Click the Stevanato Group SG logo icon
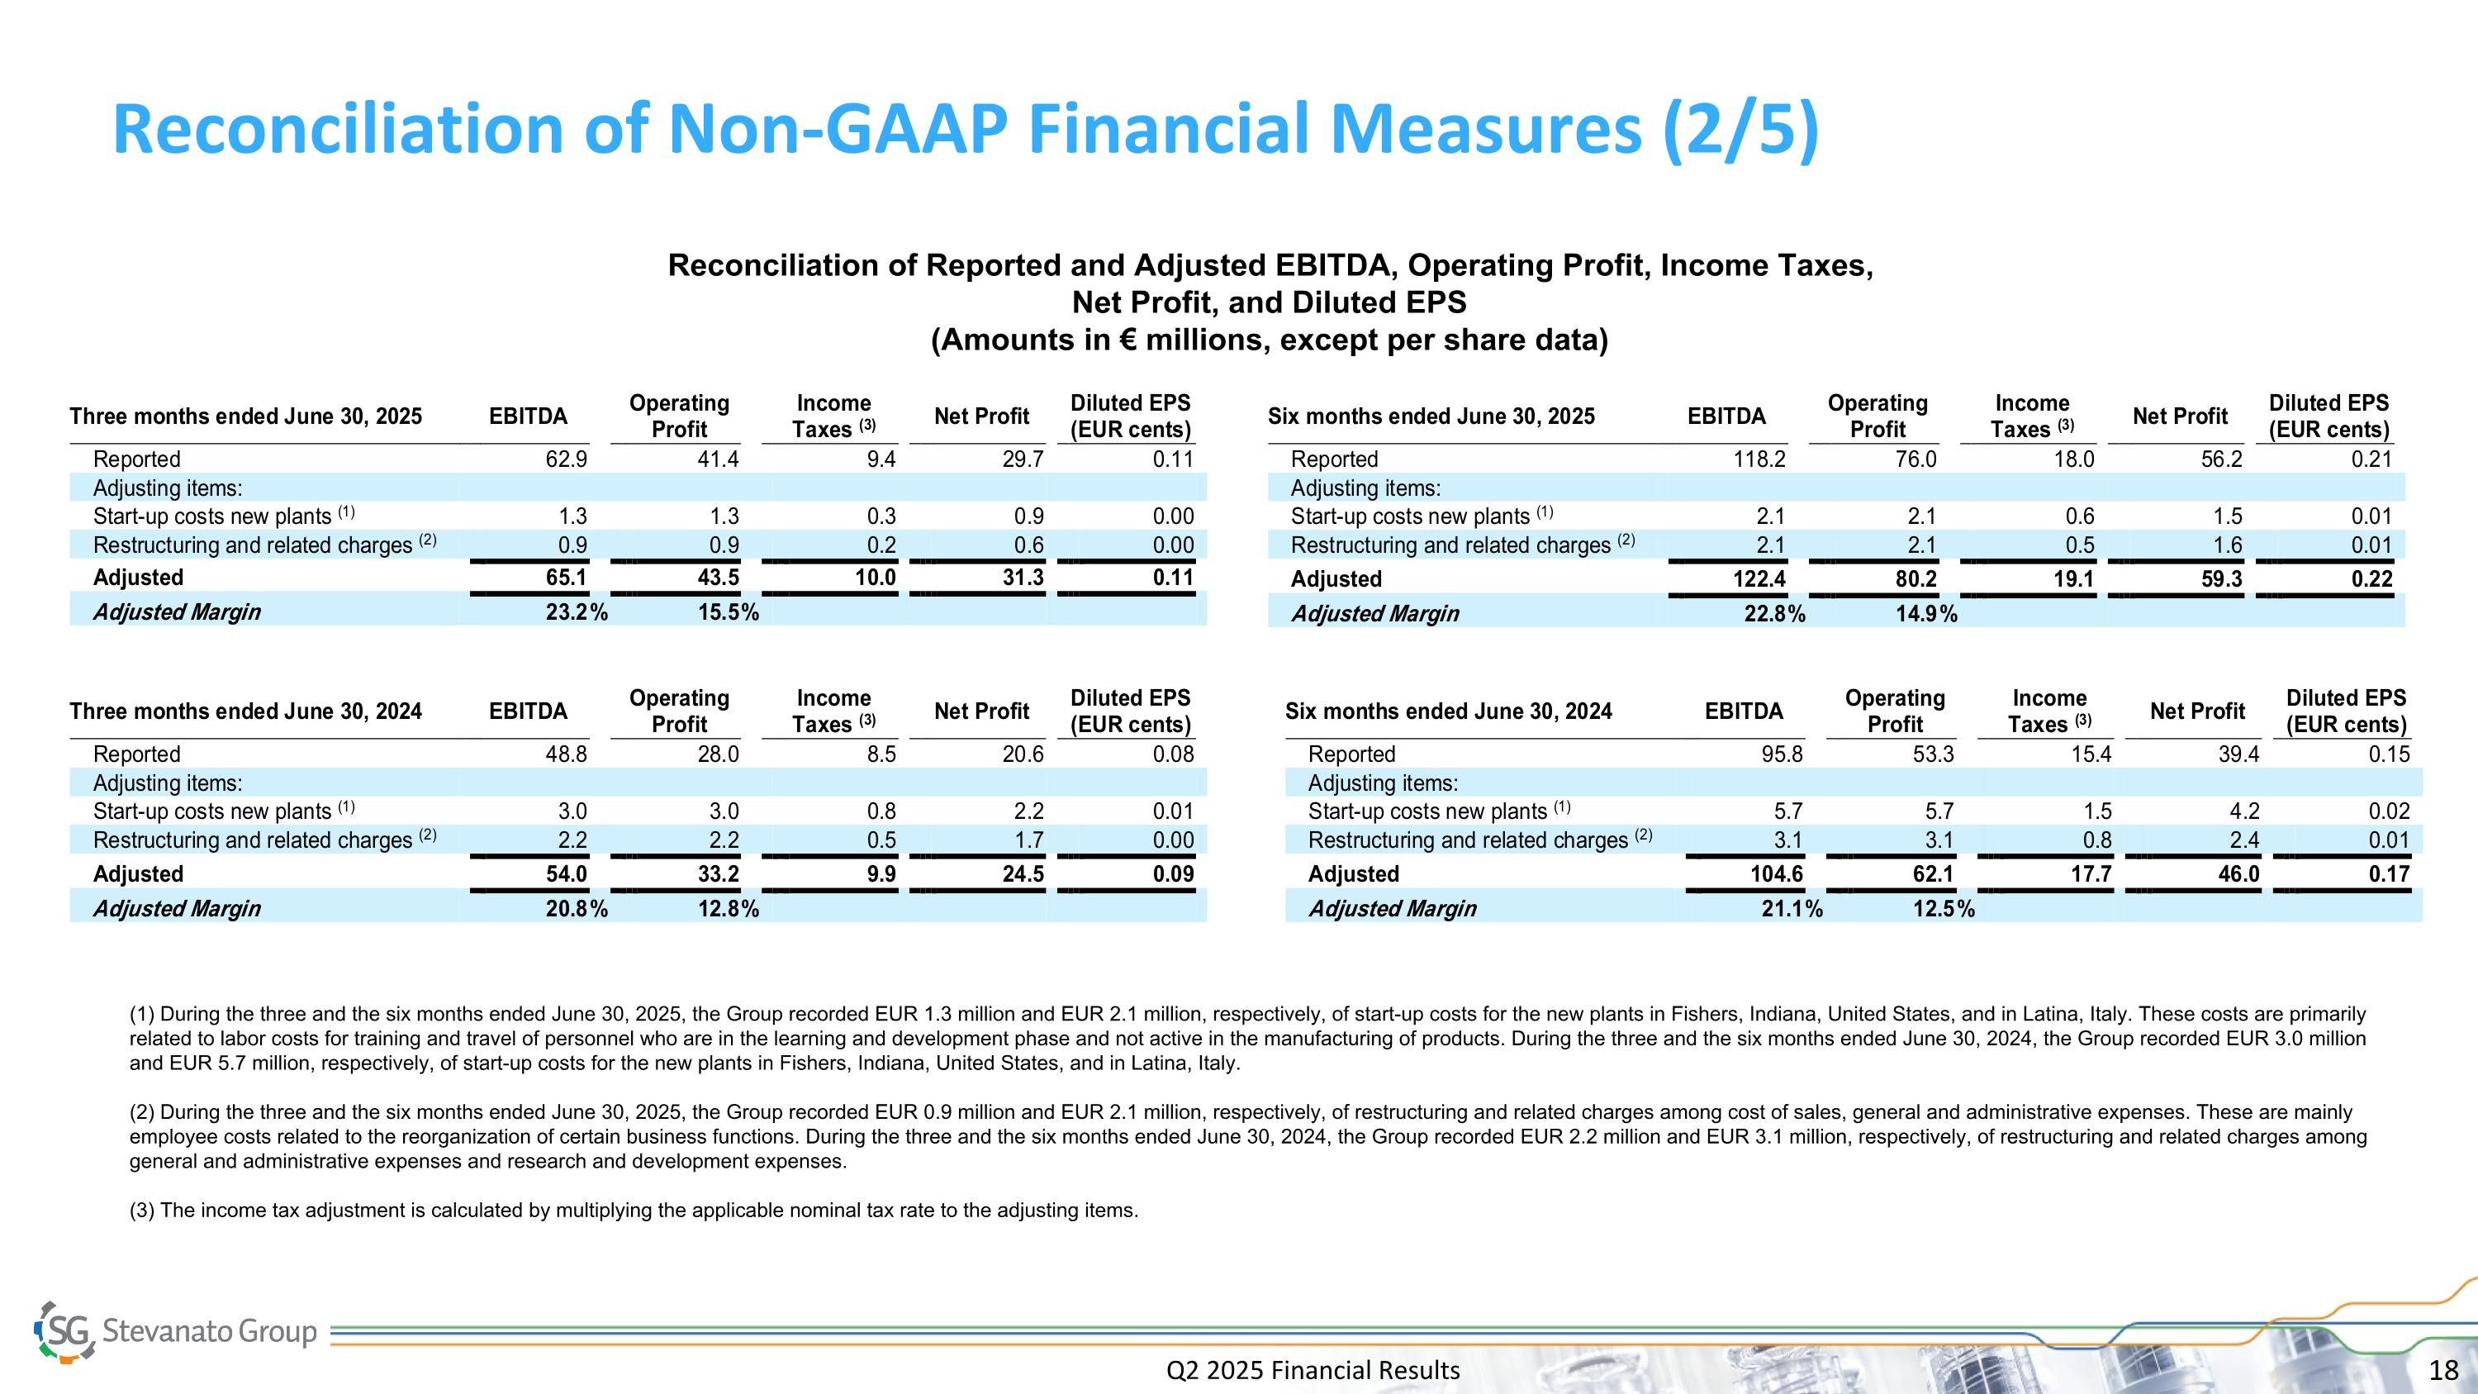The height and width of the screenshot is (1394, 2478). pyautogui.click(x=65, y=1331)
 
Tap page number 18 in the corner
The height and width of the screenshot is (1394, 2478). pyautogui.click(x=2443, y=1370)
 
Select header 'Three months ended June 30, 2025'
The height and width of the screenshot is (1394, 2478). pyautogui.click(x=245, y=416)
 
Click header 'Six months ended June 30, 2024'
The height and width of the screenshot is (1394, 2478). pyautogui.click(x=1448, y=712)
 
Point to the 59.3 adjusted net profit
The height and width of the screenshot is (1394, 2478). pyautogui.click(x=2221, y=579)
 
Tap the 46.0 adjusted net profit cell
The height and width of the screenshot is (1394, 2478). pyautogui.click(x=2238, y=874)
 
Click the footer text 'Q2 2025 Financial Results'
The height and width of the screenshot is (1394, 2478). pyautogui.click(x=1313, y=1370)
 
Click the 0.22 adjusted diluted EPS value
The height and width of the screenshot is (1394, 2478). pyautogui.click(x=2371, y=579)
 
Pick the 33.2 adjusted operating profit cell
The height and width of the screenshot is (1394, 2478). pyautogui.click(x=718, y=874)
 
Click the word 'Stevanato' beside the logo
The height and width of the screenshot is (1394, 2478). pyautogui.click(x=165, y=1331)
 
